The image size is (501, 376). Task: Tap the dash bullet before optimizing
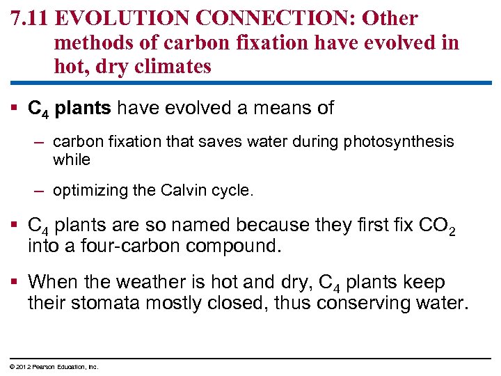(x=40, y=190)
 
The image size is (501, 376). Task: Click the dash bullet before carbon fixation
(x=40, y=142)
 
